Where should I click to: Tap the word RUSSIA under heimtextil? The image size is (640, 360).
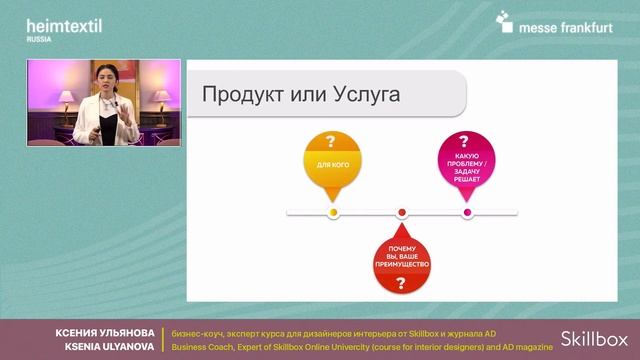tap(40, 39)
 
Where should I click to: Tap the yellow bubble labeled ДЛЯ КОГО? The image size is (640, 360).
tap(332, 161)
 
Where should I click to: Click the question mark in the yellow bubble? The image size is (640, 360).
tap(332, 142)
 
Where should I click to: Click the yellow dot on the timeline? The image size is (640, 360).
tap(333, 212)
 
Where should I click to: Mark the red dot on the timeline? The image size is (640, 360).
tap(402, 212)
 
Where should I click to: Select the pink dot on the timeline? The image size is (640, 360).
tap(466, 212)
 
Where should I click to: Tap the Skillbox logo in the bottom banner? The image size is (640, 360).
tap(593, 339)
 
